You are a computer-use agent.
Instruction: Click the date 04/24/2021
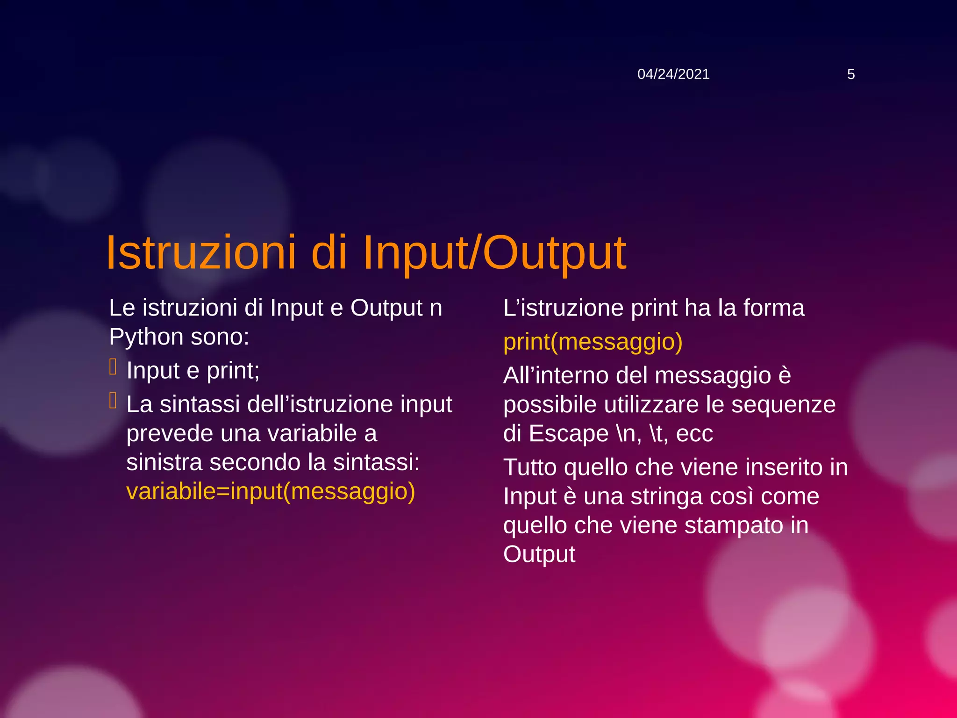673,74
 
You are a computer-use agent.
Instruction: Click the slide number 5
850,74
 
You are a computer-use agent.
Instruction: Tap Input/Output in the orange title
494,253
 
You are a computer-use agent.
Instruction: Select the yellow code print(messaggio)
593,342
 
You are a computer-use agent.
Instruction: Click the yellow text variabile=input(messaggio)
271,491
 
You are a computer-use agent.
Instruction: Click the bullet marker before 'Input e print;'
113,367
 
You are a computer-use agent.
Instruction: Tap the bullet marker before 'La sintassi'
113,401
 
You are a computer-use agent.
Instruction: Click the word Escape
569,433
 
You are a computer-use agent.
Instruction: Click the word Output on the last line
539,554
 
